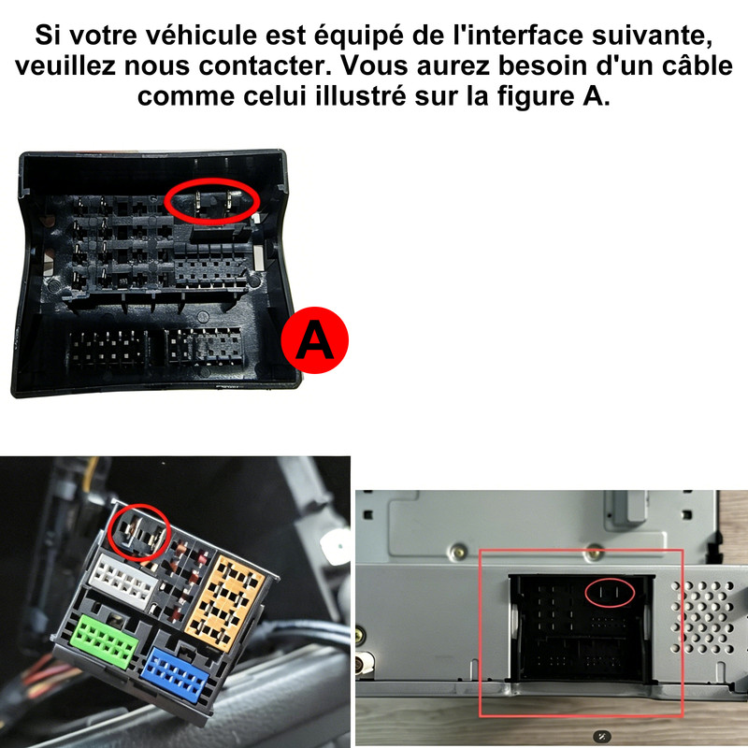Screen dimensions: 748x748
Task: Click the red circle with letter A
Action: [x=315, y=340]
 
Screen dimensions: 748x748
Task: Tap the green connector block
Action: [x=105, y=641]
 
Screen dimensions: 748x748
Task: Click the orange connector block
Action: [x=224, y=602]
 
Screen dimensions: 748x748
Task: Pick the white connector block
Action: [x=123, y=581]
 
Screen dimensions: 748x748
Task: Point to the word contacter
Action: [x=265, y=65]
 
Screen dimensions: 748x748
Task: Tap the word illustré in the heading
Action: [x=361, y=96]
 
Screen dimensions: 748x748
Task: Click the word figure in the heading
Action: [x=537, y=97]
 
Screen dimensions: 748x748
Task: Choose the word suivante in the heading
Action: [x=652, y=36]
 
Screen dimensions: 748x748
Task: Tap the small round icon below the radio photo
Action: [x=601, y=736]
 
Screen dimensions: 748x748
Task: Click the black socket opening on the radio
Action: [x=581, y=628]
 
